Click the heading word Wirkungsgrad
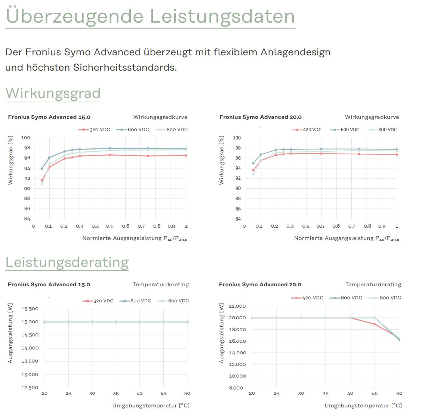(x=53, y=93)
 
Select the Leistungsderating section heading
(x=67, y=262)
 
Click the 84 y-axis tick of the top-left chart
(x=27, y=219)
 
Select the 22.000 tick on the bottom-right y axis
(x=237, y=306)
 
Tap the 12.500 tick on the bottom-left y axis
(x=30, y=388)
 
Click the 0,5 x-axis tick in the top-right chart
(x=320, y=226)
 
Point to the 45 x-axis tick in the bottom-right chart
(x=375, y=393)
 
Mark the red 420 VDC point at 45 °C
(x=375, y=324)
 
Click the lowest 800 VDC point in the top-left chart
(x=41, y=184)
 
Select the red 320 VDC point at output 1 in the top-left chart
(x=186, y=155)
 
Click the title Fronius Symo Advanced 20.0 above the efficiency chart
(x=260, y=117)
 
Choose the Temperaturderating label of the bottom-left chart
(x=161, y=284)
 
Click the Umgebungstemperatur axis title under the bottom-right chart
(x=363, y=406)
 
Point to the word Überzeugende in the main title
(x=75, y=16)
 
